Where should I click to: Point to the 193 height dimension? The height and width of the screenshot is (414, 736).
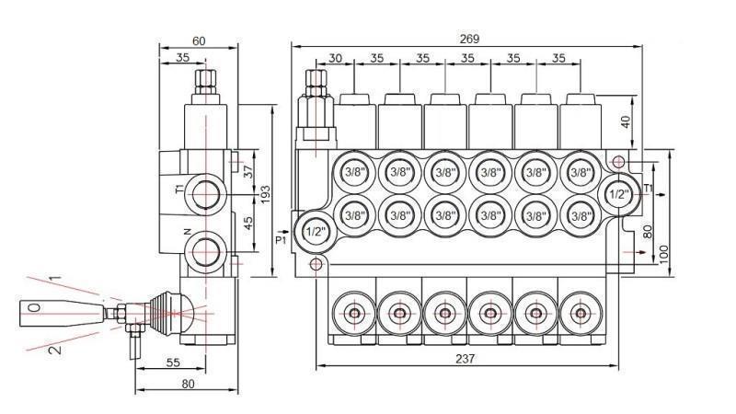265,193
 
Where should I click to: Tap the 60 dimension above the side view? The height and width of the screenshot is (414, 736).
199,40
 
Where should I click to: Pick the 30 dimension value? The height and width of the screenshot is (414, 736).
335,58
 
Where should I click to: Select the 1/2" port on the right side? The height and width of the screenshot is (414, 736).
618,194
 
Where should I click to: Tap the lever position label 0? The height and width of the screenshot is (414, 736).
34,307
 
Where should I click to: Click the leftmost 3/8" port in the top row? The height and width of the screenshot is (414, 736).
354,172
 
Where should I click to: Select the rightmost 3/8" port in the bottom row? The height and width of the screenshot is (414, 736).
580,215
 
